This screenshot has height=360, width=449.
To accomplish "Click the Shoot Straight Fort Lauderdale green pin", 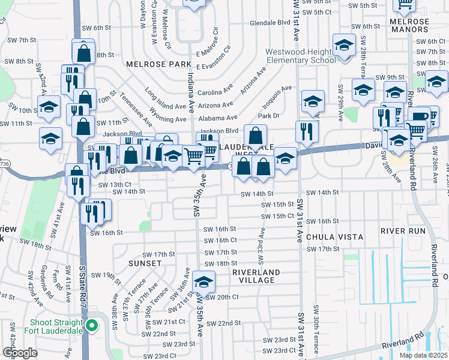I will click(x=91, y=326).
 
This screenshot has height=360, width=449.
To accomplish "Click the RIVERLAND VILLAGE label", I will click(x=256, y=276).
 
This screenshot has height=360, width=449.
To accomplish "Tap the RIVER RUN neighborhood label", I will click(x=403, y=231).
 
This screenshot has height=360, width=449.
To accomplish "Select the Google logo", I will click(x=20, y=353).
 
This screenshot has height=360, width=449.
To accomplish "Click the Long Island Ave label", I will click(x=165, y=97).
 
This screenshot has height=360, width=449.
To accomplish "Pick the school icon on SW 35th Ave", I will click(x=203, y=281).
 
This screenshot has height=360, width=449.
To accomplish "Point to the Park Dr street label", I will click(x=268, y=115).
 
